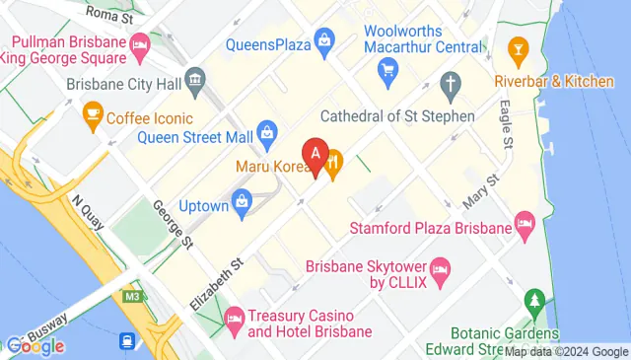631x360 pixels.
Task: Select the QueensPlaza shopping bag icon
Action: click(x=324, y=40)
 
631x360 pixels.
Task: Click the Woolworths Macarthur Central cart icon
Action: click(x=387, y=69)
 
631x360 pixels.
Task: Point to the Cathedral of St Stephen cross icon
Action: click(x=452, y=83)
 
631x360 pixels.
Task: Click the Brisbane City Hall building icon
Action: click(x=194, y=78)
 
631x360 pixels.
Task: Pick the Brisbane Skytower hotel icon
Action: click(x=441, y=268)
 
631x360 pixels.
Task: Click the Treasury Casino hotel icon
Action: click(x=234, y=317)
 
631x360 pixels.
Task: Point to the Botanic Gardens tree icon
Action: click(x=534, y=299)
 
